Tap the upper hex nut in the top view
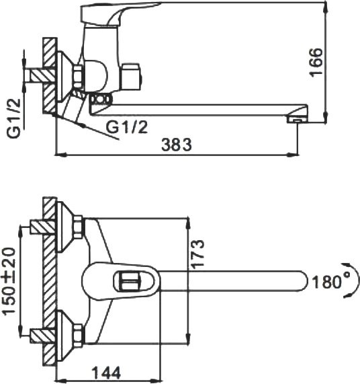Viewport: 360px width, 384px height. click(x=78, y=227)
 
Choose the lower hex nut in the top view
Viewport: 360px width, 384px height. click(x=78, y=334)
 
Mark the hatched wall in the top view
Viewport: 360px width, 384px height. click(x=49, y=280)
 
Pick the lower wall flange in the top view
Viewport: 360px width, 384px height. click(x=65, y=334)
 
